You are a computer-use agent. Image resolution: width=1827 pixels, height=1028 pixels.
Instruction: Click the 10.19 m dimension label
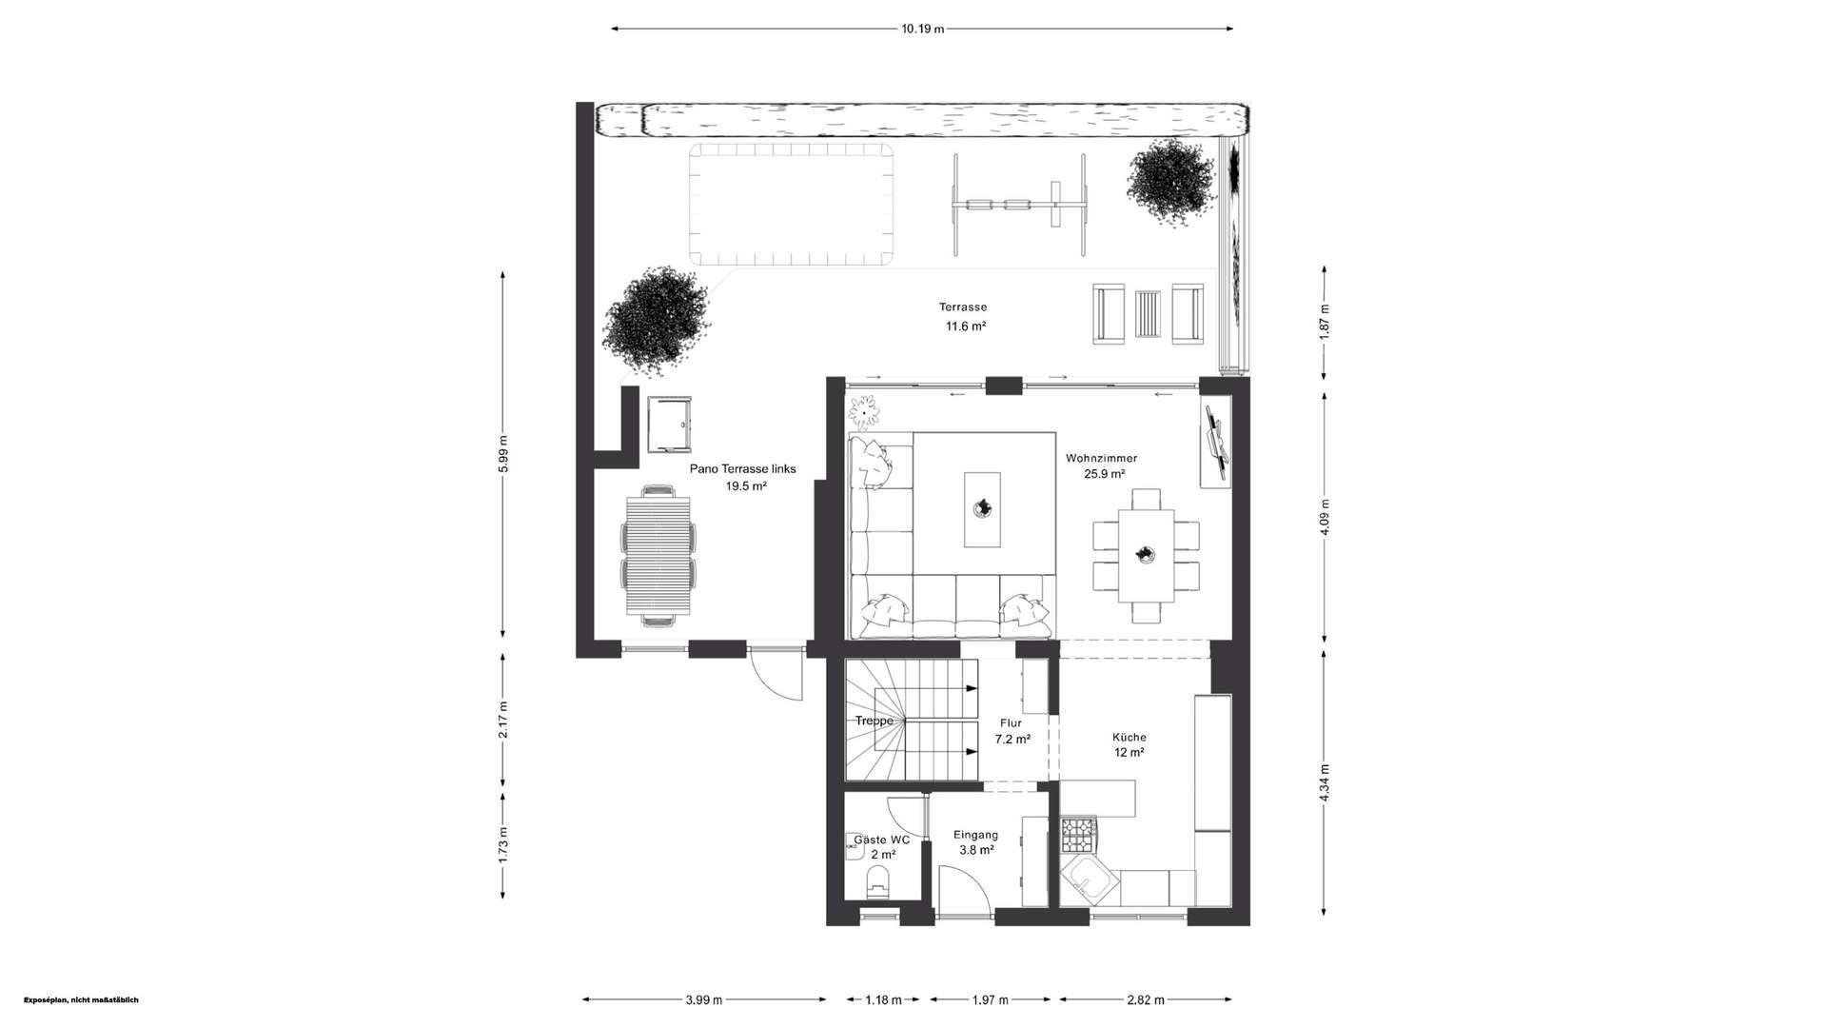pos(922,29)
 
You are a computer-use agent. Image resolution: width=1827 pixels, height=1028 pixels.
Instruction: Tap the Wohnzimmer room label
pos(1102,458)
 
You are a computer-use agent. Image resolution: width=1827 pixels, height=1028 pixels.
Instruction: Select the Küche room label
pos(1130,737)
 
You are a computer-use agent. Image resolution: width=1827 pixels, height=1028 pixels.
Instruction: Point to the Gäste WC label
pos(882,840)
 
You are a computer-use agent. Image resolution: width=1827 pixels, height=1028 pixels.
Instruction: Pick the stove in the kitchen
pos(1079,835)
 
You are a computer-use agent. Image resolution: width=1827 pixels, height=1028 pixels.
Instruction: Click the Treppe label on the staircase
pos(874,721)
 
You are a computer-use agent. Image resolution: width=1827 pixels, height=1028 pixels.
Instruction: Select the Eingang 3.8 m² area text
pos(976,842)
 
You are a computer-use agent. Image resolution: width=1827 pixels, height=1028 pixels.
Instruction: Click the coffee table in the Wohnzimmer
pos(982,509)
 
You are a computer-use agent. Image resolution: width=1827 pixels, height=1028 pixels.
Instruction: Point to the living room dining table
pos(1146,555)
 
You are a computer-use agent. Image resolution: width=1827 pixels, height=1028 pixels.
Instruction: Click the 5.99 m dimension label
pos(503,454)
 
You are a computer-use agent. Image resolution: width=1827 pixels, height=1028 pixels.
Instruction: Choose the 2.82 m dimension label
pos(1145,999)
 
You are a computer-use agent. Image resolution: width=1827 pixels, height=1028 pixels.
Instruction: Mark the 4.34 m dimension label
pos(1325,783)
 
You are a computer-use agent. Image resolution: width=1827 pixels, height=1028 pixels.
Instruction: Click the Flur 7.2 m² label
pos(1012,731)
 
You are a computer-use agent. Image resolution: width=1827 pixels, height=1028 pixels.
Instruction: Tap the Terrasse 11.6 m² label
pos(964,316)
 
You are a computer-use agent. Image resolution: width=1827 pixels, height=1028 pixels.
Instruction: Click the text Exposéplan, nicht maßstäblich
pos(81,999)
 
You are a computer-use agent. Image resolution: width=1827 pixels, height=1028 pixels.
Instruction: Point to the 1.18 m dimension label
pos(883,999)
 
